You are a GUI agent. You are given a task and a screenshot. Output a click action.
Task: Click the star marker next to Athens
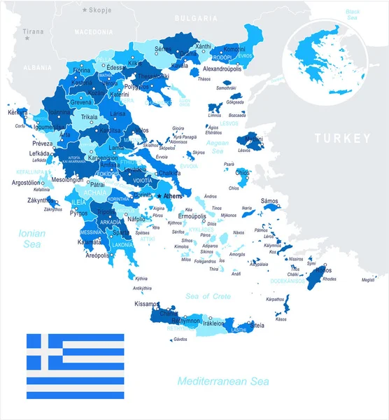click(160, 196)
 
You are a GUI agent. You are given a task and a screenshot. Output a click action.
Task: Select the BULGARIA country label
click(195, 16)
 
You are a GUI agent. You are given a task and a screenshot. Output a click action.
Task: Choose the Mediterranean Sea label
click(222, 381)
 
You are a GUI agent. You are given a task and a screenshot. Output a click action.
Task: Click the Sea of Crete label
click(208, 297)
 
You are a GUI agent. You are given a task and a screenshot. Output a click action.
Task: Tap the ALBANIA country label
click(37, 66)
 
